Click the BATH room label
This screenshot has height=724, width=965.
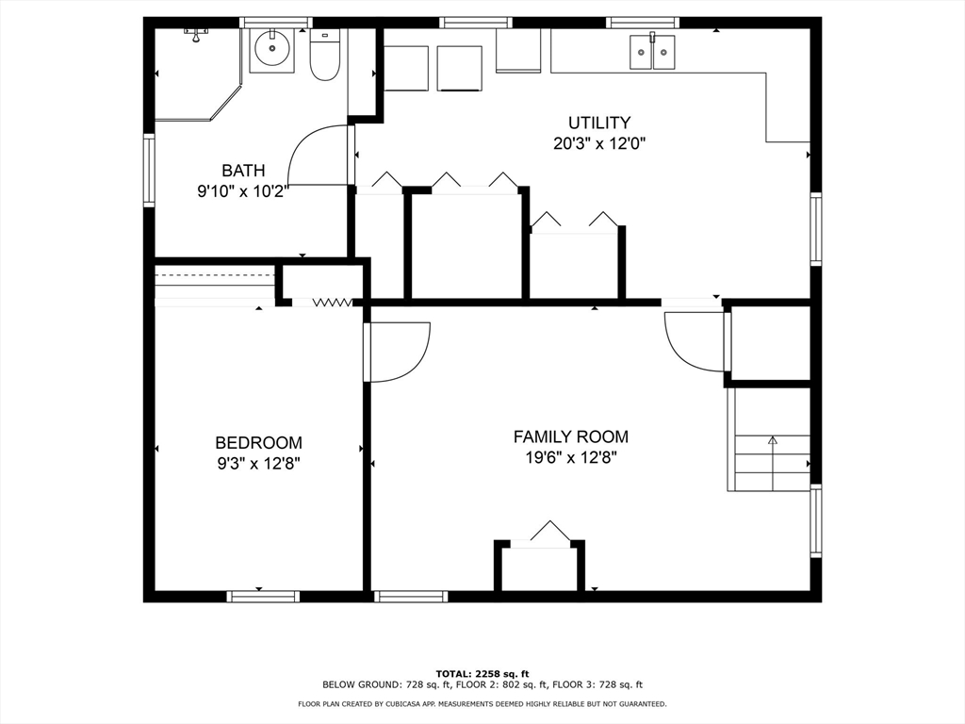pos(243,171)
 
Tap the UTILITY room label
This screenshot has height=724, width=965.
pos(598,123)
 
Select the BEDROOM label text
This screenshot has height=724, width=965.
pos(258,443)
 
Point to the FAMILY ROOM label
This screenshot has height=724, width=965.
pos(570,437)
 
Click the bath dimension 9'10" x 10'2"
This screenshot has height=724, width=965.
pos(243,191)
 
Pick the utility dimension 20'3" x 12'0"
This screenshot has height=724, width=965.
pos(598,143)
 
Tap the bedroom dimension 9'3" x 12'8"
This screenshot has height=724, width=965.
pos(258,463)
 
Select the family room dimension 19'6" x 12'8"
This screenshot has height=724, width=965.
pos(570,457)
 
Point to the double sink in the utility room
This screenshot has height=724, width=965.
pos(652,52)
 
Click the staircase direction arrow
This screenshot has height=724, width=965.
pos(773,454)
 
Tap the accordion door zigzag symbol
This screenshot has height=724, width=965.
pos(333,303)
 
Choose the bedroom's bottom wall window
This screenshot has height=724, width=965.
pos(263,596)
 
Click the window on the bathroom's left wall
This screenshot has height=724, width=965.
pos(149,170)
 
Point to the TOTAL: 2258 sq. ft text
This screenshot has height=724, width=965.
pos(482,674)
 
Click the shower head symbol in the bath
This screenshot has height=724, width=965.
pos(196,34)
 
